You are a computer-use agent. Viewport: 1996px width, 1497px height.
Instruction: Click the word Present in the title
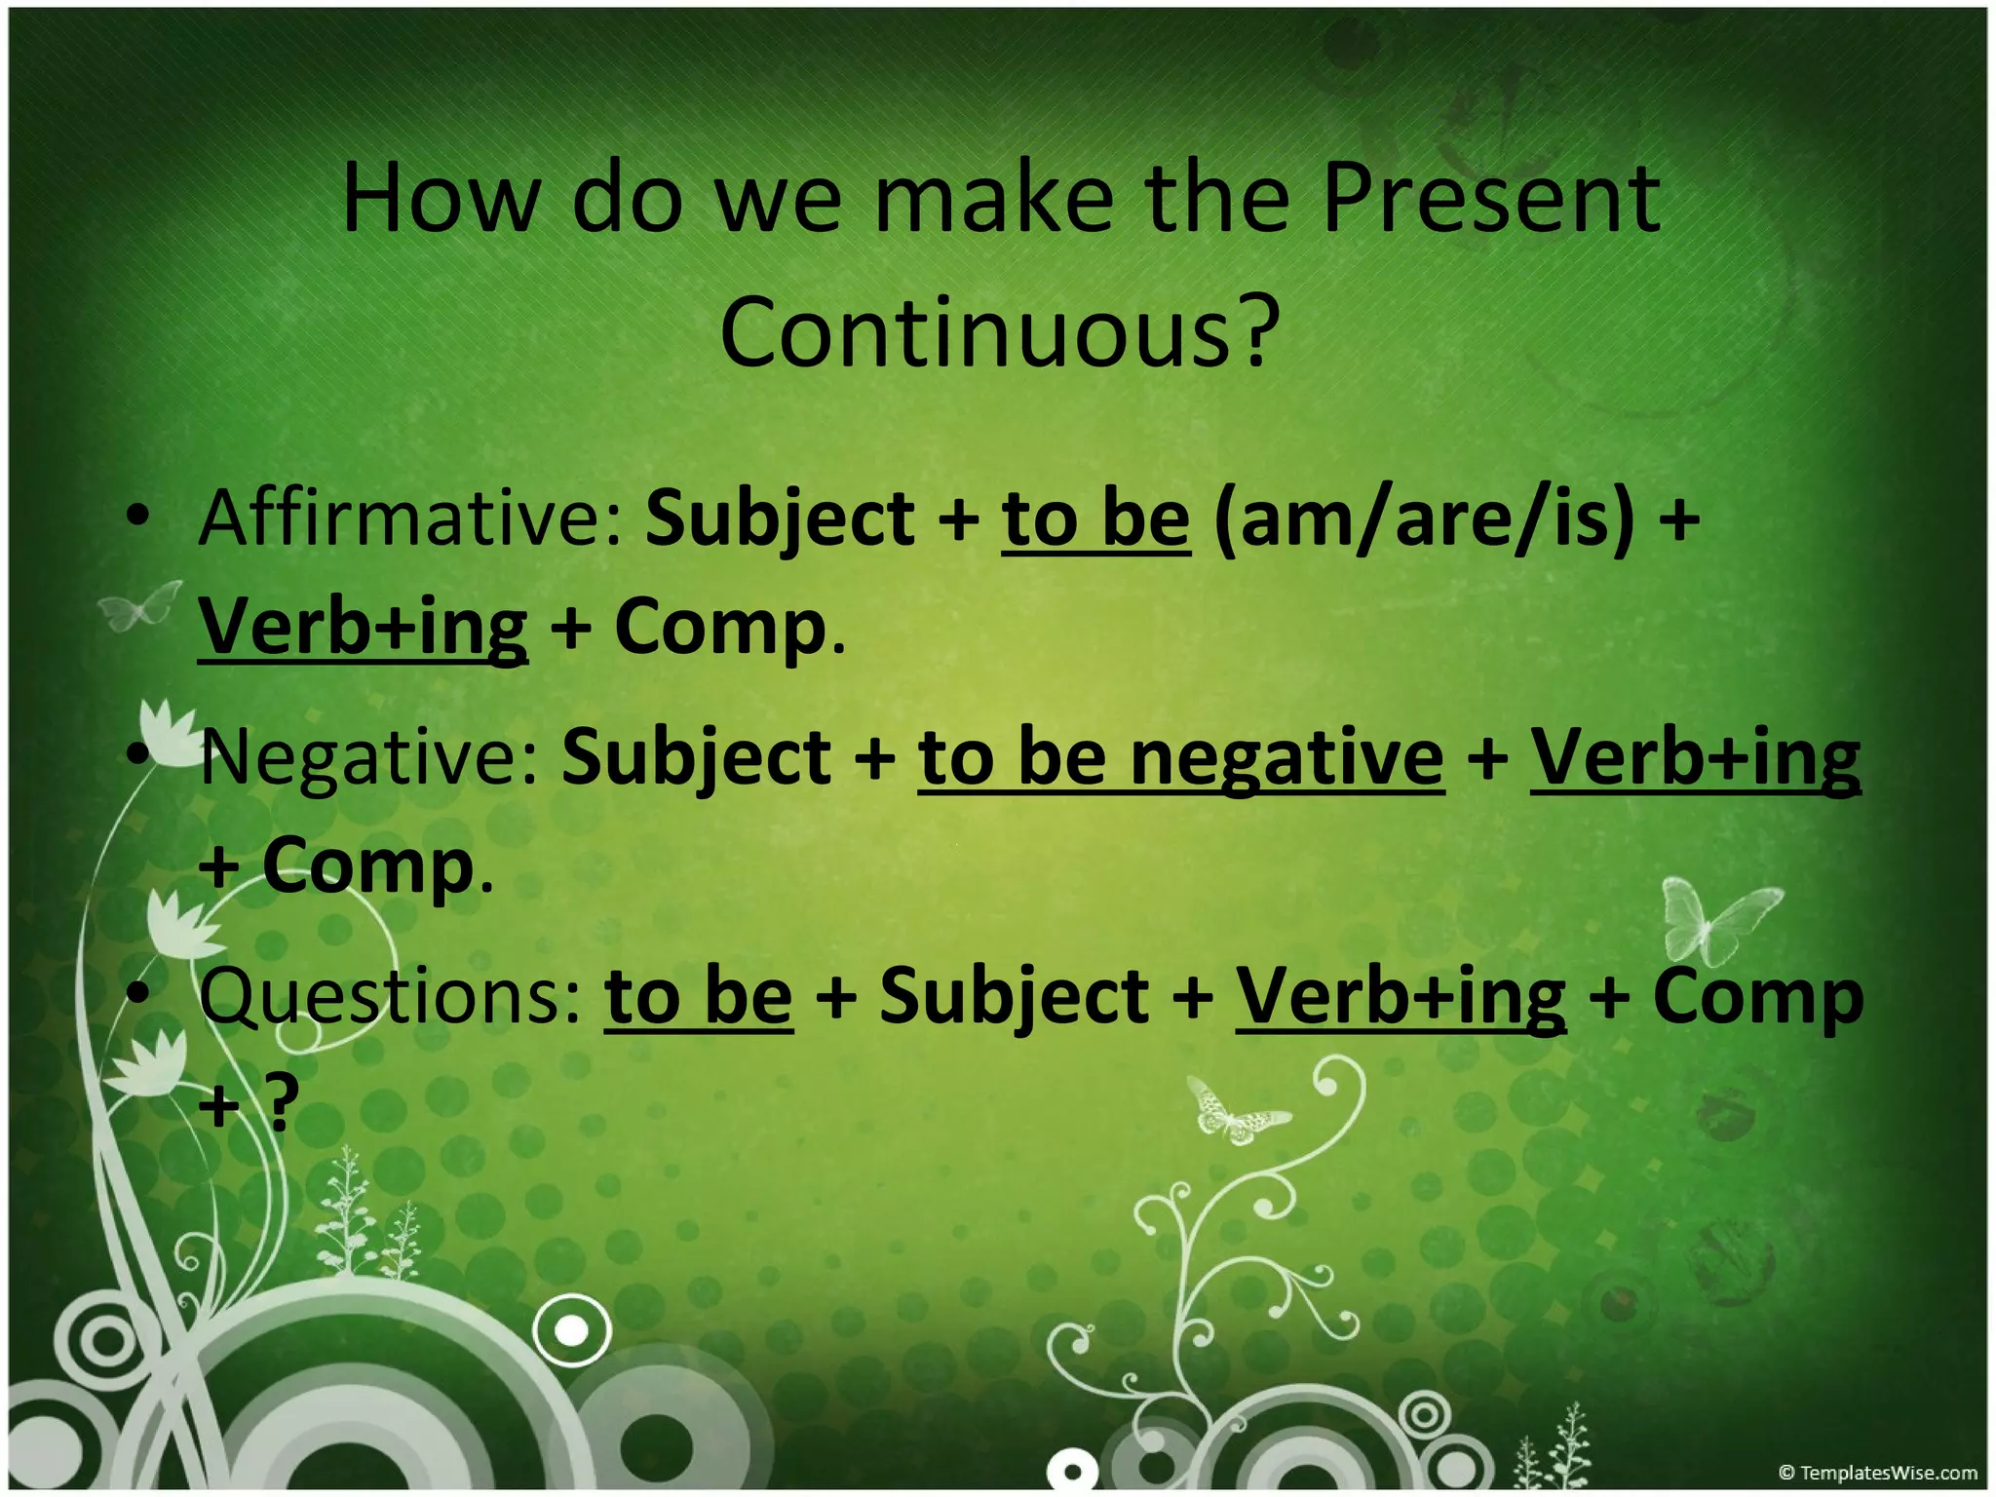[x=1491, y=200]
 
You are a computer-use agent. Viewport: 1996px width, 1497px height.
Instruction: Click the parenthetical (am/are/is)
[x=1424, y=518]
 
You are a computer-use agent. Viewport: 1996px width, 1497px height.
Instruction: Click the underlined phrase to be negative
[x=1180, y=758]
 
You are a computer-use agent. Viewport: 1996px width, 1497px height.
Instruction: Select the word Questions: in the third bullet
[x=390, y=997]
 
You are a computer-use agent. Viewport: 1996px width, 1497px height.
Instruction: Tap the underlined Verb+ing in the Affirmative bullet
[x=363, y=628]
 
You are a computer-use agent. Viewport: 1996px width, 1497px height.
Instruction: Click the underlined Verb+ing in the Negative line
[x=1695, y=758]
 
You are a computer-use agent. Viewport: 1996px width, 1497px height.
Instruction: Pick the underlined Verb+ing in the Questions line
[x=1401, y=997]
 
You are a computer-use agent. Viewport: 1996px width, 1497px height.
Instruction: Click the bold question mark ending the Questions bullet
[x=282, y=1103]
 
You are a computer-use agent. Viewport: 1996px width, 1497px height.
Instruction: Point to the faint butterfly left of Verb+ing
[x=141, y=606]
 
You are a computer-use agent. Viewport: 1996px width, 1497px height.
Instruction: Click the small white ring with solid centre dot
[x=572, y=1330]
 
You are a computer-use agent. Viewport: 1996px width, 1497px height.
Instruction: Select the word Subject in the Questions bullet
[x=1014, y=997]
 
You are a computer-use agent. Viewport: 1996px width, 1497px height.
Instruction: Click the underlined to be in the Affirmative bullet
[x=1095, y=518]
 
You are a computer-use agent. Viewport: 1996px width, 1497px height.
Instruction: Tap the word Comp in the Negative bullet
[x=367, y=866]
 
